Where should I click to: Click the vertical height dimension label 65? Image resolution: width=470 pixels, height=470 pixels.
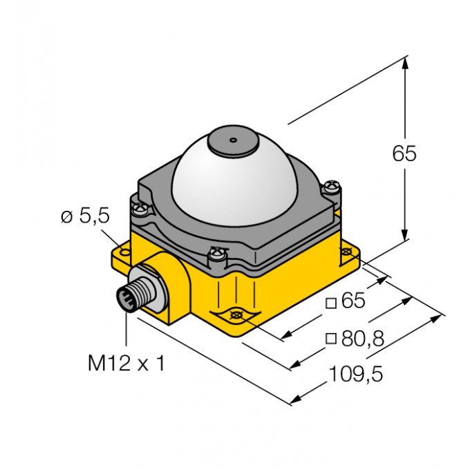pyautogui.click(x=404, y=153)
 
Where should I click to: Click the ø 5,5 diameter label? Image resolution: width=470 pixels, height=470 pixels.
pyautogui.click(x=85, y=217)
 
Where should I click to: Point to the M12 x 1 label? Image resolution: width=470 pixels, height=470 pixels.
pyautogui.click(x=126, y=363)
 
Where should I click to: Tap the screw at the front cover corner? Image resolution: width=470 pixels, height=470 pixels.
pyautogui.click(x=219, y=256)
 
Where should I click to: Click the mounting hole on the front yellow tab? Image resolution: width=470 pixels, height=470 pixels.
pyautogui.click(x=236, y=316)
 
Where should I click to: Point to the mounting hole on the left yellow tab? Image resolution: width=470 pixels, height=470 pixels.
pyautogui.click(x=125, y=254)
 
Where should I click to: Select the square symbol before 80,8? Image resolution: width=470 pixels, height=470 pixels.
pyautogui.click(x=331, y=338)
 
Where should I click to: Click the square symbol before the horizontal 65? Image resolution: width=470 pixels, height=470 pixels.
pyautogui.click(x=331, y=302)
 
